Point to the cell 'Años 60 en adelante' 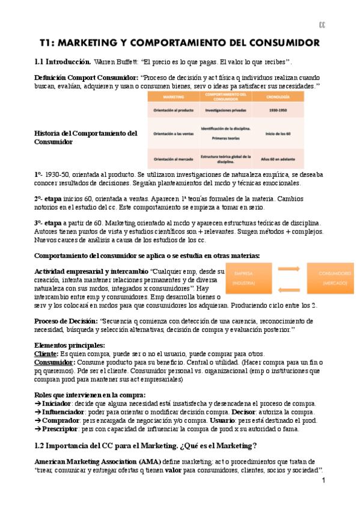(x=277, y=159)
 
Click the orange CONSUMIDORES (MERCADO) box (x=330, y=278)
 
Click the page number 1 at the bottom (x=323, y=481)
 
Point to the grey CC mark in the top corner (x=322, y=25)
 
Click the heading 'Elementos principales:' (x=70, y=346)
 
